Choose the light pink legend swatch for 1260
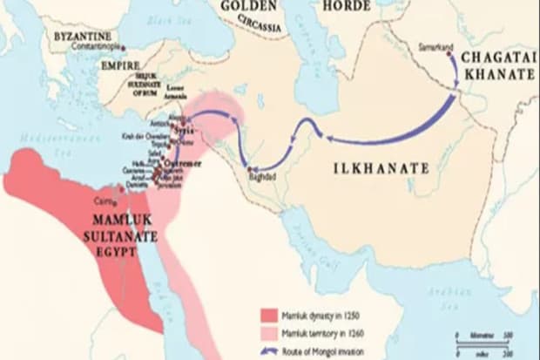(x=267, y=330)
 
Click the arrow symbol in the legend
(x=267, y=349)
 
